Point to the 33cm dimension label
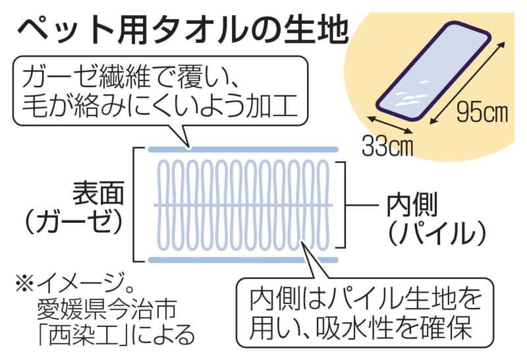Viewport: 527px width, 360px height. (x=387, y=146)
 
